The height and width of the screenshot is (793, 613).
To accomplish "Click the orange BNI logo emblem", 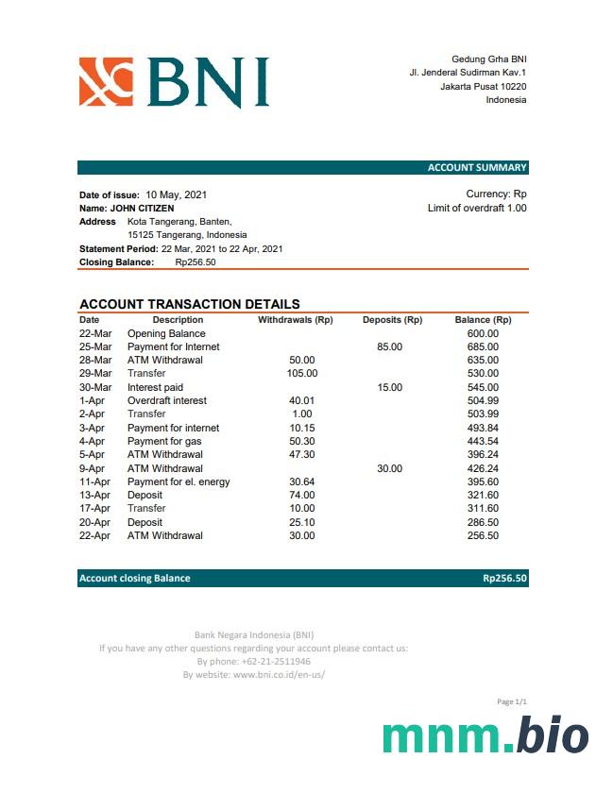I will click(106, 81).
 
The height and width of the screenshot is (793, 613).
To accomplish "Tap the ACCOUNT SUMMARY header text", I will click(477, 168).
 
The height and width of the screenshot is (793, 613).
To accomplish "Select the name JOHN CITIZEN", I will click(143, 208).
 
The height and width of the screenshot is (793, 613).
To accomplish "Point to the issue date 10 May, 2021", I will click(177, 194).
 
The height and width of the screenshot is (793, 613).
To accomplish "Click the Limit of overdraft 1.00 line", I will click(477, 208).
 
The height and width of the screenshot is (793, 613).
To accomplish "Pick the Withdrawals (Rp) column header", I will click(296, 320).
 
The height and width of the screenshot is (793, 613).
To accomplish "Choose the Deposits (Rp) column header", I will click(392, 320).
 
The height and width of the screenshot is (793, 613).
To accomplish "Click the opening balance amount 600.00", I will click(483, 333).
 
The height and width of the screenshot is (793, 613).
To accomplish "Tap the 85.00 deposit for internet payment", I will click(389, 346).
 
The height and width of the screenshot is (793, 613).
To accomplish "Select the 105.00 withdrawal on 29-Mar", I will click(302, 373).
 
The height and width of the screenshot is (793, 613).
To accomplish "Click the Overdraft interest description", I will click(167, 400).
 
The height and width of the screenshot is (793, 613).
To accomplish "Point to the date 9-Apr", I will click(93, 468).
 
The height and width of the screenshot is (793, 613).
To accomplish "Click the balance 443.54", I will click(483, 441).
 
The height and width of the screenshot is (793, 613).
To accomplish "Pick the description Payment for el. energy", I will click(179, 481).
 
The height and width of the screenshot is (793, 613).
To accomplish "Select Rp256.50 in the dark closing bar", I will click(504, 578).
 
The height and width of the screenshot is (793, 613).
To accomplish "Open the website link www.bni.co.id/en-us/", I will click(279, 675).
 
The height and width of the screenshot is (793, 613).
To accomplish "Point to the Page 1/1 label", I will click(511, 701).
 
